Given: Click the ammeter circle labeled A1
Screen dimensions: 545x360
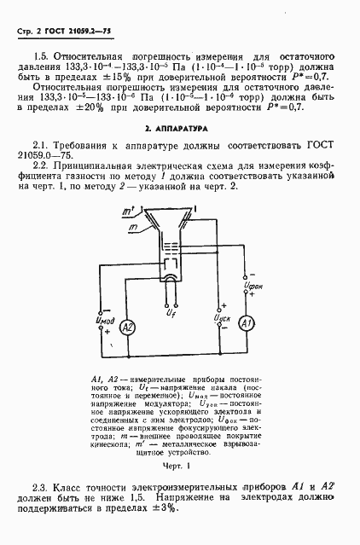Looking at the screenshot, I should [245, 325].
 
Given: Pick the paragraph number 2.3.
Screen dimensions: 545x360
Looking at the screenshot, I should [38, 485].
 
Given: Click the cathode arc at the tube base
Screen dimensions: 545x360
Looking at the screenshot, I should [171, 277].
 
